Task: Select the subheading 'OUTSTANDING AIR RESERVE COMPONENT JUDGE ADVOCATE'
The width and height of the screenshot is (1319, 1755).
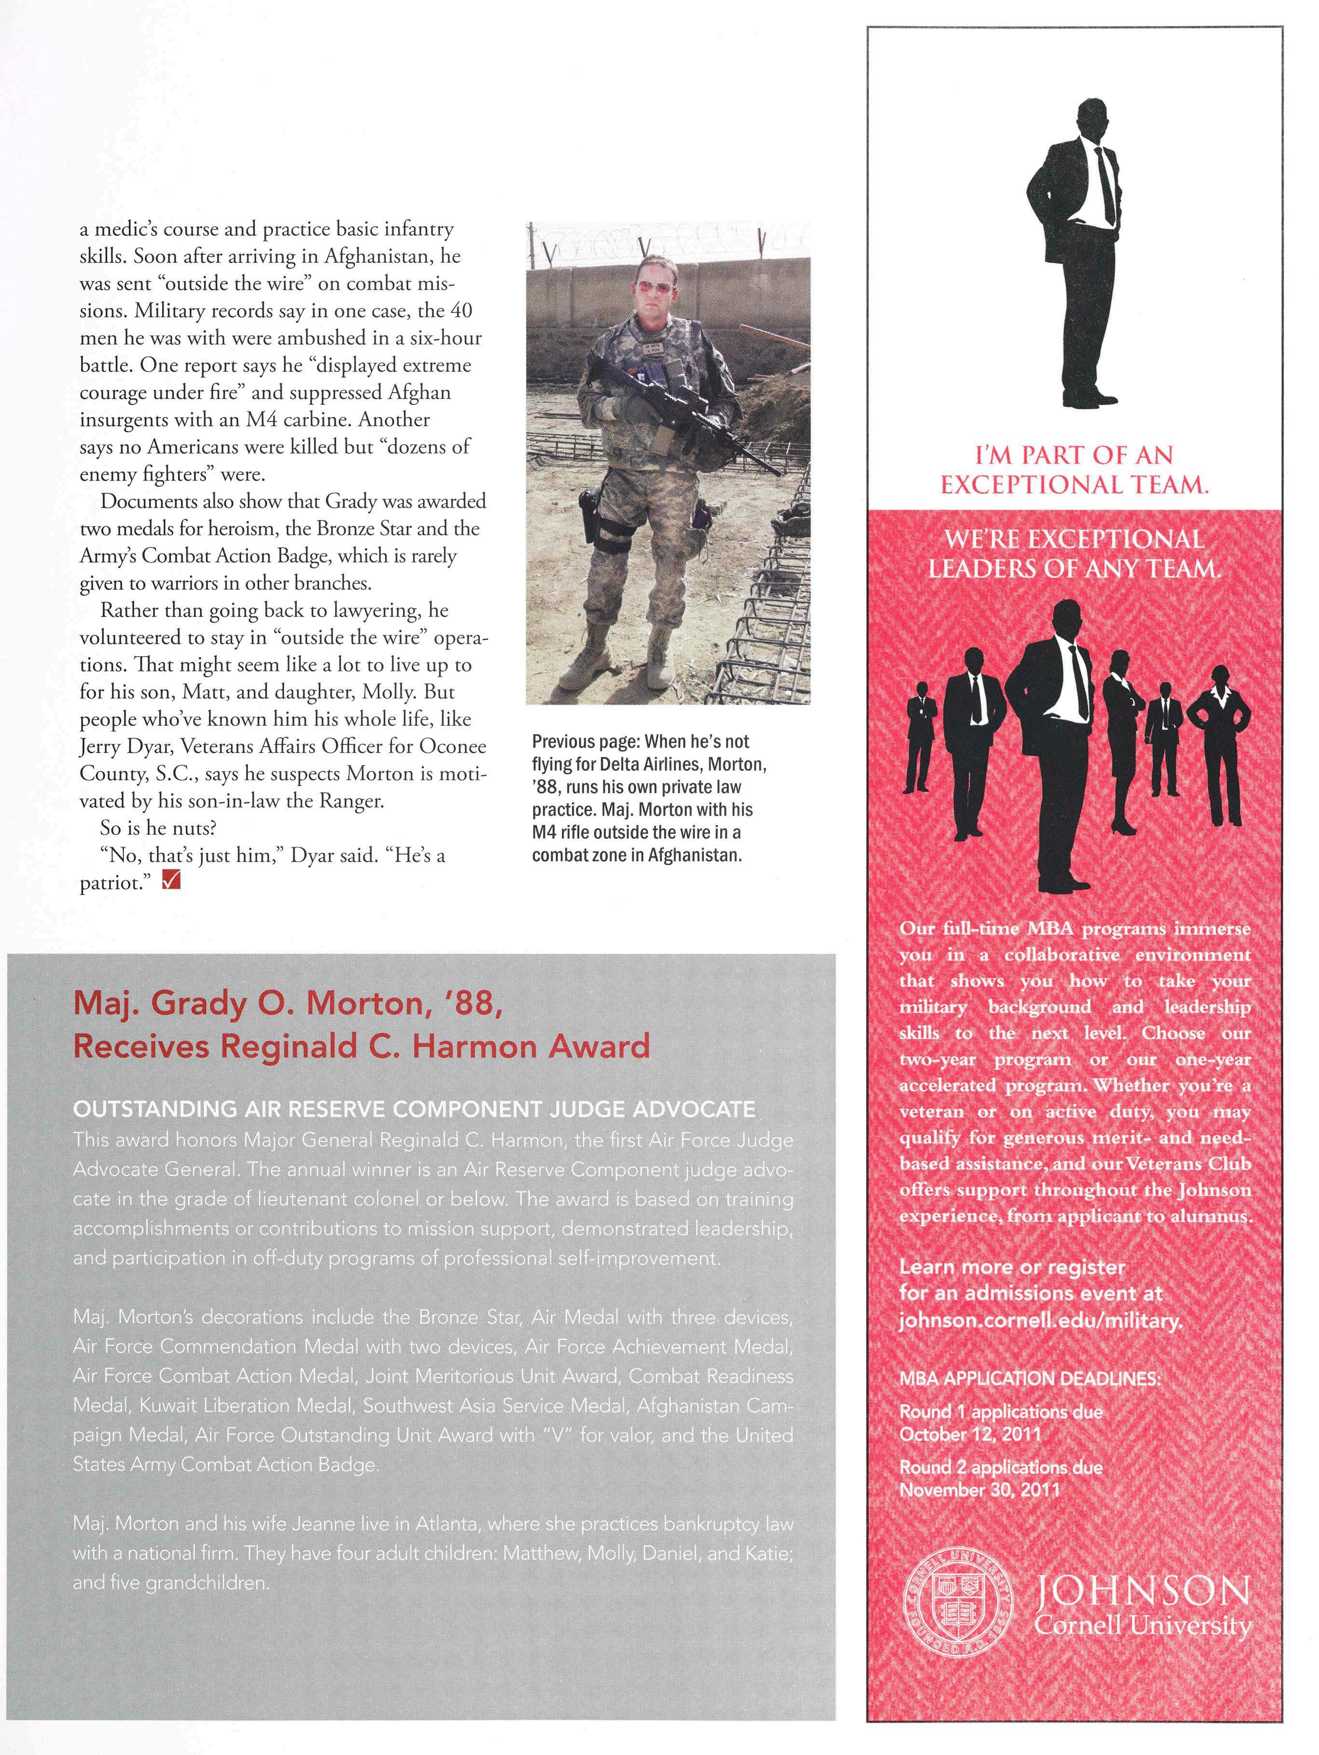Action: (414, 1109)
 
